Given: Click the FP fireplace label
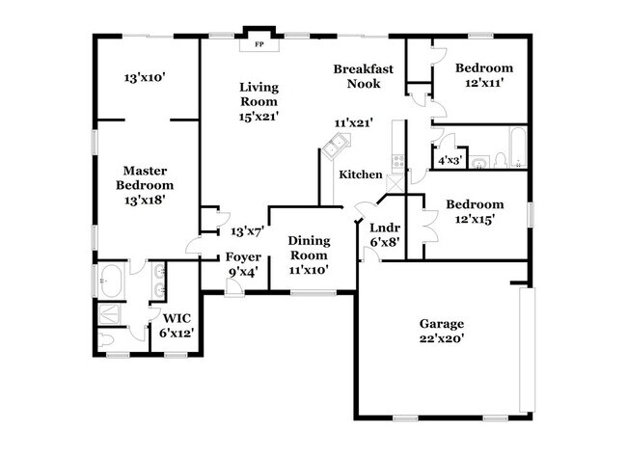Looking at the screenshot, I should tap(259, 44).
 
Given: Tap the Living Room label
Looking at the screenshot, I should tap(259, 94).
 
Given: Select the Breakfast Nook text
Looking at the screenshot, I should tap(357, 76).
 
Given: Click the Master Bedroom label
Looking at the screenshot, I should tap(145, 178).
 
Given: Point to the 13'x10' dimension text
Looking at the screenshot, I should tap(146, 77).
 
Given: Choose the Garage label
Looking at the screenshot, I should tap(441, 323).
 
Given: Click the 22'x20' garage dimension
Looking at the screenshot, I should tap(441, 339).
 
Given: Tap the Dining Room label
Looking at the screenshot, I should tap(310, 247).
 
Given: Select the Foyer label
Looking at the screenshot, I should tap(243, 257).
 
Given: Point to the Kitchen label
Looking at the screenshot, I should tap(360, 174).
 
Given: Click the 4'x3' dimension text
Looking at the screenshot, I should tap(450, 161).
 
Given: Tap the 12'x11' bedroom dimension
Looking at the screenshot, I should tap(484, 84).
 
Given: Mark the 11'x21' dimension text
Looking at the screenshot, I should tap(354, 122).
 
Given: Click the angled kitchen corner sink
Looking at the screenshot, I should tap(336, 148).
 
